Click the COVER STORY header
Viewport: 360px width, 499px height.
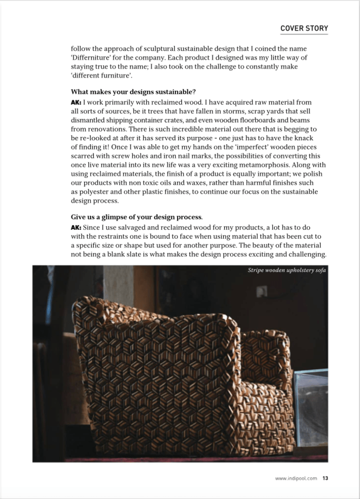point(304,28)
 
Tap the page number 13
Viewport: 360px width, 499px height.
point(325,478)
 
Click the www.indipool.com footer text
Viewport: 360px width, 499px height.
point(296,478)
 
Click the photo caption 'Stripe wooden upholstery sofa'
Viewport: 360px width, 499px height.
point(287,270)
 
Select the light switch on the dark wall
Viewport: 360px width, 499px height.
point(262,291)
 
